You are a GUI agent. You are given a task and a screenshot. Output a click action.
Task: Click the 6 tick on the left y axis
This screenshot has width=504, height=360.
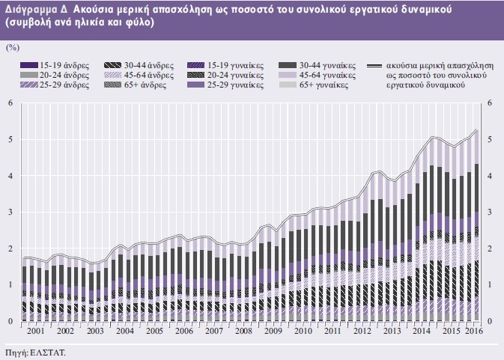point(10,103)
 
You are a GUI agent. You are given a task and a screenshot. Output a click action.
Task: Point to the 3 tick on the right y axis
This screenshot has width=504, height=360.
point(491,213)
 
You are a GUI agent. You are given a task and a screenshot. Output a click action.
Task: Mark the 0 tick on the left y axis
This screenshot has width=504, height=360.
point(10,322)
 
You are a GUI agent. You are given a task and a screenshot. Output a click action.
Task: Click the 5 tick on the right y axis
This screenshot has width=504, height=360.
point(491,139)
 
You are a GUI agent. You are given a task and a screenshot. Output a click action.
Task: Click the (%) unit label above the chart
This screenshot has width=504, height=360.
point(12,47)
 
